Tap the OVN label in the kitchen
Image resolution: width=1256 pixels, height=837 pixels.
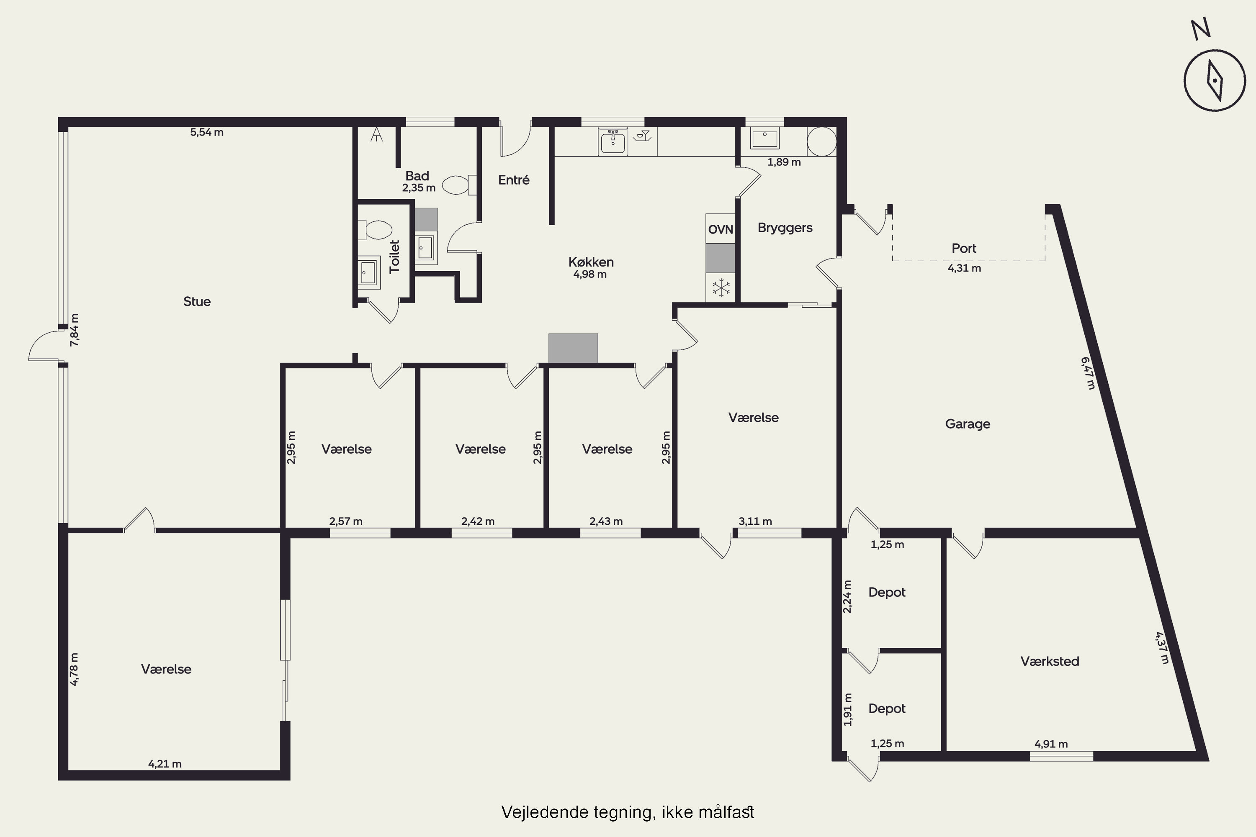[721, 229]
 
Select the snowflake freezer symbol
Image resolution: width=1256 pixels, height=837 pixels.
[721, 288]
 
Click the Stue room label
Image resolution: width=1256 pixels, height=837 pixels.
[197, 302]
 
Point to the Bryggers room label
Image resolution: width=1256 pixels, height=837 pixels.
[785, 228]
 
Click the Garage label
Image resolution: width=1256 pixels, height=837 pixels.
[968, 424]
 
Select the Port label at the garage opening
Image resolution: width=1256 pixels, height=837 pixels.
[964, 248]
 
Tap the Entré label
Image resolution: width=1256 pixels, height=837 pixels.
[514, 180]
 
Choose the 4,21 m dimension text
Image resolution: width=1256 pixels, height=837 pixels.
[165, 764]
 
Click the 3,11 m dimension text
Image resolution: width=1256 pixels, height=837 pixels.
[755, 521]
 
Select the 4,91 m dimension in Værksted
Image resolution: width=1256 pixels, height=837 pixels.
[1051, 744]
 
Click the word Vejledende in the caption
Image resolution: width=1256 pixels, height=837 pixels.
[545, 812]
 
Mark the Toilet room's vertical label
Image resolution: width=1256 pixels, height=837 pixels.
[395, 257]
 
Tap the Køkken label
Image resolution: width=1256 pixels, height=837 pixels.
[591, 262]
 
